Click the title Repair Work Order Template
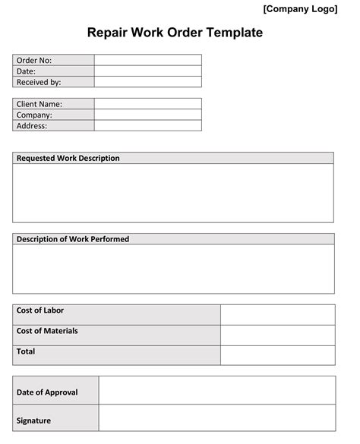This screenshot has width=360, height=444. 175,33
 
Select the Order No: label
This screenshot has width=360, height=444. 34,60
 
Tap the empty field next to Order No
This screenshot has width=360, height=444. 148,60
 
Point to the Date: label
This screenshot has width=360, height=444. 27,71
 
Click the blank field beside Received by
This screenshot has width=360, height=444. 148,82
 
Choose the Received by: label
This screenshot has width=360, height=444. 39,82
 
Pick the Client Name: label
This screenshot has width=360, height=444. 39,104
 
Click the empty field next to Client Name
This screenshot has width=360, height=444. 148,104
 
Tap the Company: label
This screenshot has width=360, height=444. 34,115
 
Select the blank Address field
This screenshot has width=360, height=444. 148,126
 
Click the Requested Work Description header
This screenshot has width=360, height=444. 68,158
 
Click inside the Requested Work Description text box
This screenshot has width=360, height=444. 173,193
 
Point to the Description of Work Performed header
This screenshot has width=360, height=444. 73,239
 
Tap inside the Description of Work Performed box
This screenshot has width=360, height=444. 173,269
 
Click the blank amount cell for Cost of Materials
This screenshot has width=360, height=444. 277,335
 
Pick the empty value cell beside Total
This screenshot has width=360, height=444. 277,355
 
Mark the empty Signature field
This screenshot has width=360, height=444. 216,418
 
